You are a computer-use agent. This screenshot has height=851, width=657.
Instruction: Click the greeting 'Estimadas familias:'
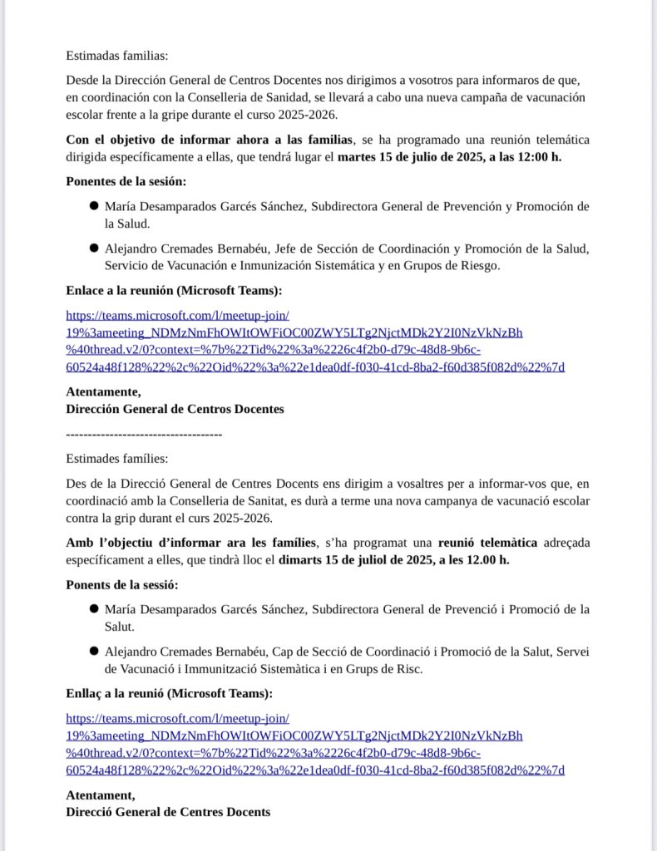tap(117, 57)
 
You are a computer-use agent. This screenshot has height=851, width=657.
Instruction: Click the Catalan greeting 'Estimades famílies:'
tap(117, 458)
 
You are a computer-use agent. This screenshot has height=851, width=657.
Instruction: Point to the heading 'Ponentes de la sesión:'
tap(126, 181)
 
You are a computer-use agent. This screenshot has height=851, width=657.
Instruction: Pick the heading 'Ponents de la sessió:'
tap(122, 585)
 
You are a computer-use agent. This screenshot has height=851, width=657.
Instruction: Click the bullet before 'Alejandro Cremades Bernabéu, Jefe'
tap(95, 248)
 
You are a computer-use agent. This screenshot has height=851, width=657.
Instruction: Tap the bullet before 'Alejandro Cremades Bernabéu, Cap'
tap(95, 652)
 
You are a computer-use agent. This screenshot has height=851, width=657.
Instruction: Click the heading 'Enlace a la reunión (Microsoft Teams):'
tap(174, 290)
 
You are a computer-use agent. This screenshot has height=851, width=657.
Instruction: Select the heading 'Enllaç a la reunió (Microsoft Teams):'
tap(169, 693)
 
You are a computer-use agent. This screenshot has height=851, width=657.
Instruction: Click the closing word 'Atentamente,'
tap(103, 392)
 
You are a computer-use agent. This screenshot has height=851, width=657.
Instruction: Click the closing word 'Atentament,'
tap(101, 795)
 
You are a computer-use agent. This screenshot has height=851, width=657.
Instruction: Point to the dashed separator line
tap(144, 434)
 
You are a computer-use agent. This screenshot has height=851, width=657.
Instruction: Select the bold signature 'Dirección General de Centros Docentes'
tap(175, 409)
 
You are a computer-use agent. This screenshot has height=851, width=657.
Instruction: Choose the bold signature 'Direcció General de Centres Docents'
tap(168, 812)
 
